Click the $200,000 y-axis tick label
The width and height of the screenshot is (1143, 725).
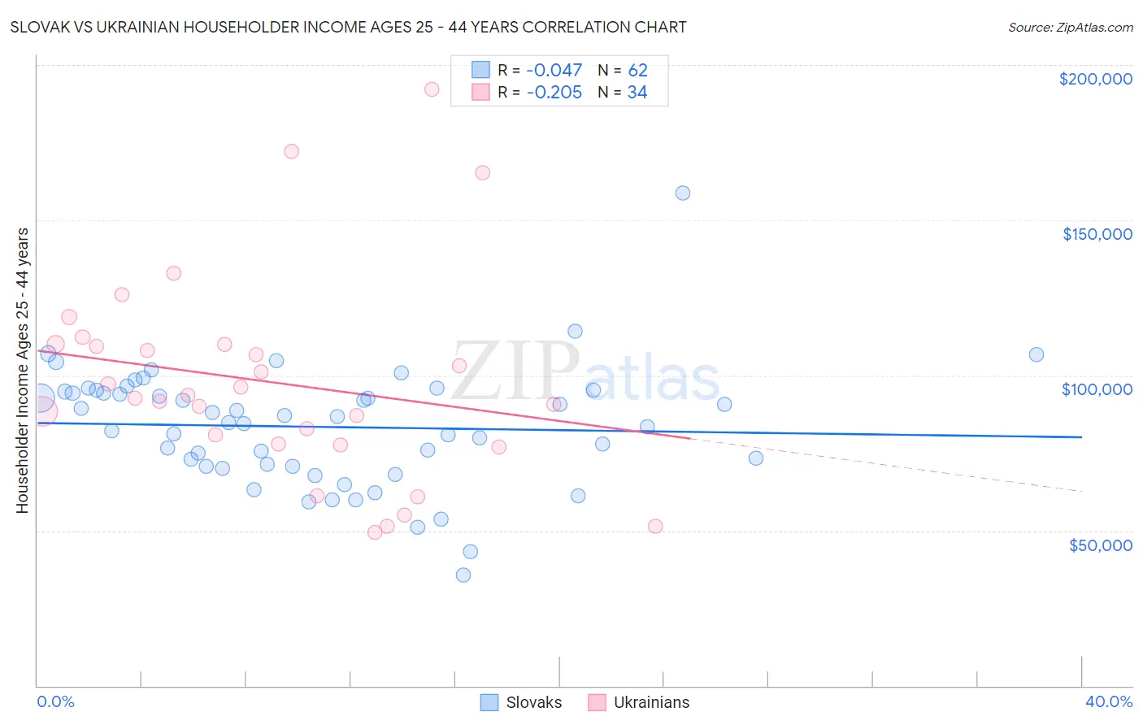point(1095,79)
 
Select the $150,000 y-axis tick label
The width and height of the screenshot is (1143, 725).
point(1097,234)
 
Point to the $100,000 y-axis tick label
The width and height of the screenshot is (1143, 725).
point(1097,389)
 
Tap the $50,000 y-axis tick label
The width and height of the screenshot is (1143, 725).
point(1100,545)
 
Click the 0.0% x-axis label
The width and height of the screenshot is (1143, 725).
point(55,701)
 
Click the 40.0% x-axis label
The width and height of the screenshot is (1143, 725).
point(1108,701)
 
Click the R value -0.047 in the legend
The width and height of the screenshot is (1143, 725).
point(554,71)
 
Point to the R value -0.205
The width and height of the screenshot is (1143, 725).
point(554,93)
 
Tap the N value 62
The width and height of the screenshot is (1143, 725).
point(637,71)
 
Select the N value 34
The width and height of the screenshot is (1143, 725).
point(637,93)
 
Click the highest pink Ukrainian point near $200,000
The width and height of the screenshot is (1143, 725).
point(432,89)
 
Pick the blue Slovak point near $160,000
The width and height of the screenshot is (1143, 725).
point(683,193)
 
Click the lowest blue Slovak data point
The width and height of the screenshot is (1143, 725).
point(463,575)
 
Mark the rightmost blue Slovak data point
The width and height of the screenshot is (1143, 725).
point(1037,354)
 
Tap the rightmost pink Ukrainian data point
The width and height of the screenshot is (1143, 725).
point(655,526)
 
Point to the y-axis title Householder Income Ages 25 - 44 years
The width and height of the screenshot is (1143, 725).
point(23,371)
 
